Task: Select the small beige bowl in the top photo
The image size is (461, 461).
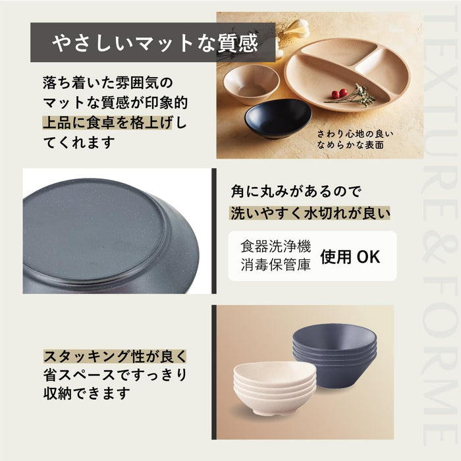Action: (250, 84)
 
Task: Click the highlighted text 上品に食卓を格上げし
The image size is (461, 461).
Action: (114, 123)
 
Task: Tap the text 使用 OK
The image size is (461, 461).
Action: (350, 257)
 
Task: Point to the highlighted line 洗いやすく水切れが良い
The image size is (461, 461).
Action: (310, 213)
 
